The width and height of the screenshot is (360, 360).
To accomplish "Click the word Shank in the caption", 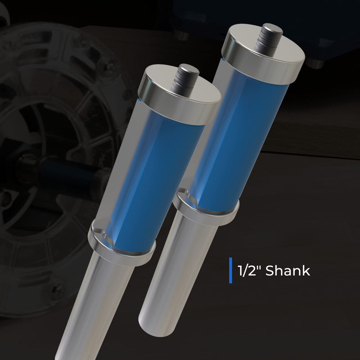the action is point(288,270).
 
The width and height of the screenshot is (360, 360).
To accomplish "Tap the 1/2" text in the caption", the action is point(249,270).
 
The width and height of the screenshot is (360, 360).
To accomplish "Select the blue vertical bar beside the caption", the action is point(230,270).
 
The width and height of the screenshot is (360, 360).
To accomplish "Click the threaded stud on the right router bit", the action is point(268,38).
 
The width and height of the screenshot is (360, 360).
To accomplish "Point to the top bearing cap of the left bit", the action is point(179,94).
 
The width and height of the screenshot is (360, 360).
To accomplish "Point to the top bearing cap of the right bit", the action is point(263,54).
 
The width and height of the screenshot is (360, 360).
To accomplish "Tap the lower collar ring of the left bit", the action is point(121,247).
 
